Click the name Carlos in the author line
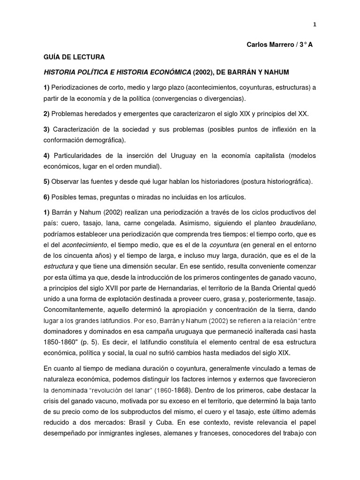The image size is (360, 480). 258,45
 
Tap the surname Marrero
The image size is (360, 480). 286,45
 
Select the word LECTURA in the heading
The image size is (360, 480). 87,58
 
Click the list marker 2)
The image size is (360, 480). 46,114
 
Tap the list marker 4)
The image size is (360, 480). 46,156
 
